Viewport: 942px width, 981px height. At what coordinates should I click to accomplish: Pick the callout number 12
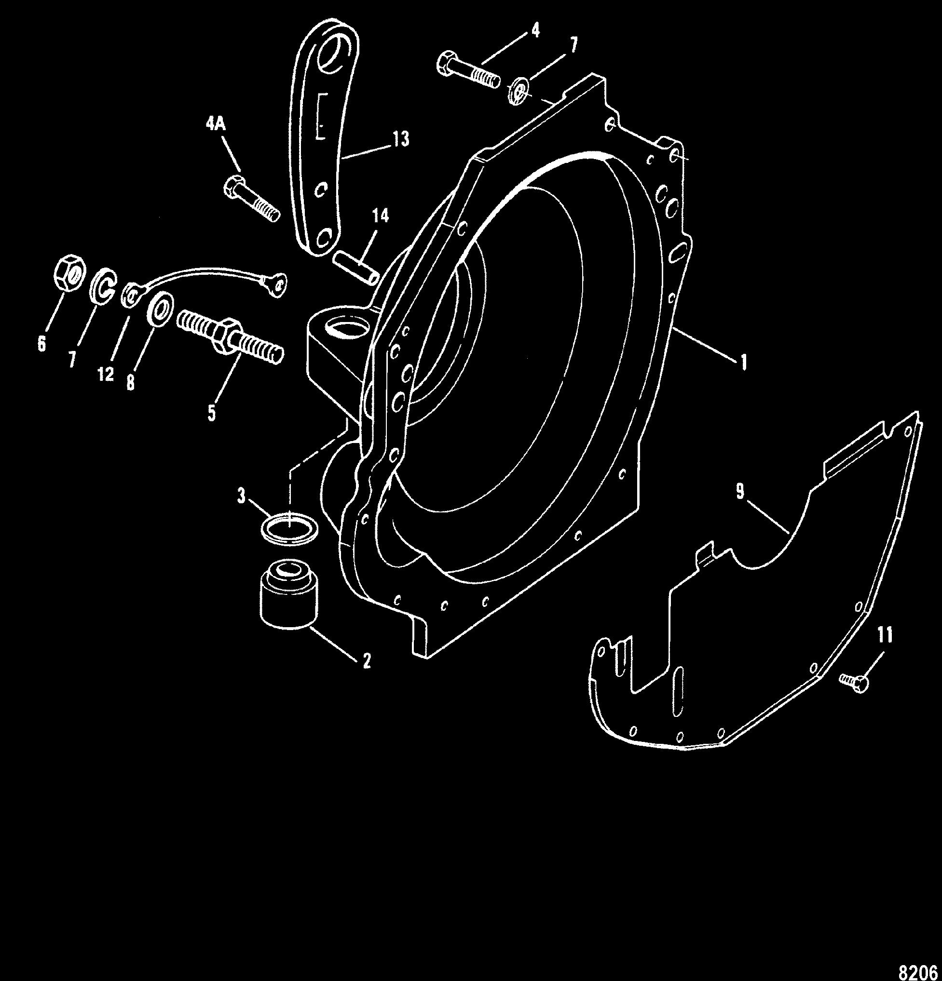106,375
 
